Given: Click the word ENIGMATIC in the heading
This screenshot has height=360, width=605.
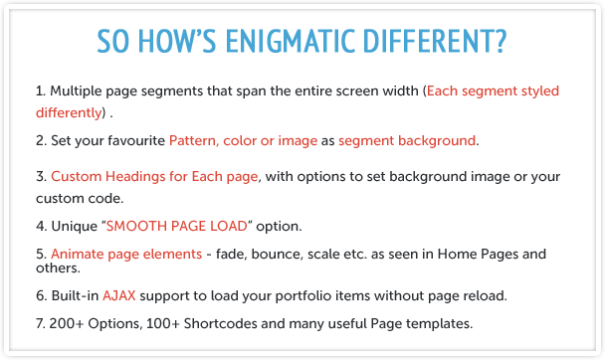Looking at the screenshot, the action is click(x=291, y=41).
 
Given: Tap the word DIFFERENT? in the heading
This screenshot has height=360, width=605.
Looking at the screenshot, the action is click(x=435, y=41).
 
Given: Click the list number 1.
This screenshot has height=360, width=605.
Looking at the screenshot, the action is click(x=41, y=90).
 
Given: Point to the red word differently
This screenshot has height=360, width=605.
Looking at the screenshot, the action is click(x=69, y=112).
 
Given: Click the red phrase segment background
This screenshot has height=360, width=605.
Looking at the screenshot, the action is click(x=407, y=140).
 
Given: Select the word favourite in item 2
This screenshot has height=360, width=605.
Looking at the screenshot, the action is click(x=136, y=140).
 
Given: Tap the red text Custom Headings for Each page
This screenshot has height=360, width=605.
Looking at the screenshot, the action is click(x=154, y=177).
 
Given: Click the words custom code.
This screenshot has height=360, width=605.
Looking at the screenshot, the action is click(x=80, y=198).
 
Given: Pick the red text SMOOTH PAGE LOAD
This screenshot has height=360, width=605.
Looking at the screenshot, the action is click(x=177, y=226).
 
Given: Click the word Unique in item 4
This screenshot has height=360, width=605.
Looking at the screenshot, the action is click(x=75, y=226).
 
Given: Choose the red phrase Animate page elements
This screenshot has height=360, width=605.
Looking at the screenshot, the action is click(x=126, y=254).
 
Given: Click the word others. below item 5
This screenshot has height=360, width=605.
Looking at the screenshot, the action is click(x=58, y=268).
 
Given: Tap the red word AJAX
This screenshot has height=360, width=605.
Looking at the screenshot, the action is click(x=119, y=295).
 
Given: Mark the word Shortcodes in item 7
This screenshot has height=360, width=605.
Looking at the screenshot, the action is click(x=220, y=323).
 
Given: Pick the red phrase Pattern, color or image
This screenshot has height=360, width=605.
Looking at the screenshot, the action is click(x=243, y=140).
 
